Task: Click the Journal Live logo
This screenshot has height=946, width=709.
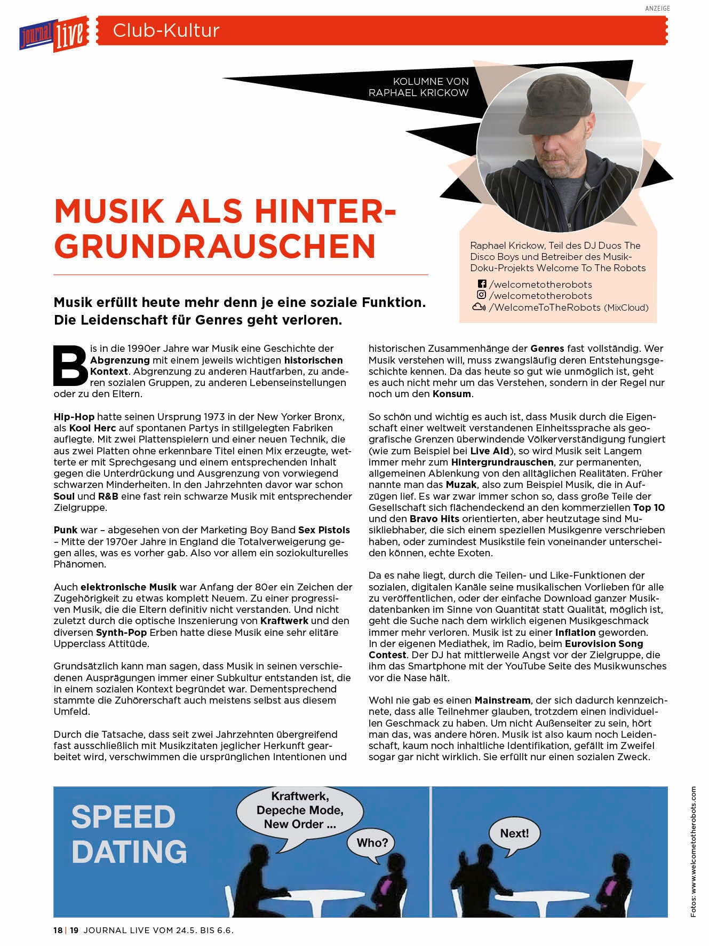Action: (x=53, y=34)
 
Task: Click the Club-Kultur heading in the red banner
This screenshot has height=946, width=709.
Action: (x=166, y=30)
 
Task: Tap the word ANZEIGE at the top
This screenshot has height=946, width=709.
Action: (x=657, y=9)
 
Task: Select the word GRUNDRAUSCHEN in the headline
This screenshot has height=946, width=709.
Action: (x=216, y=245)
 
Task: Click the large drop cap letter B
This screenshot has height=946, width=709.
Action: (x=70, y=365)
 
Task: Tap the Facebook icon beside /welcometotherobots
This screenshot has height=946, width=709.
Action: (x=482, y=284)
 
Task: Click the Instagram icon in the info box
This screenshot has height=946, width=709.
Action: (x=482, y=295)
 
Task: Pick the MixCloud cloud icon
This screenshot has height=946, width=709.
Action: (x=479, y=307)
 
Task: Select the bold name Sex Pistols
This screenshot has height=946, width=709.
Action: (x=324, y=530)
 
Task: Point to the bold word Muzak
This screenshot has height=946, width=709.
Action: (x=461, y=485)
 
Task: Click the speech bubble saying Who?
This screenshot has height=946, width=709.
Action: (x=372, y=843)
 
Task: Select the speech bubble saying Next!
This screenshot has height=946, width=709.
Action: (x=514, y=833)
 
